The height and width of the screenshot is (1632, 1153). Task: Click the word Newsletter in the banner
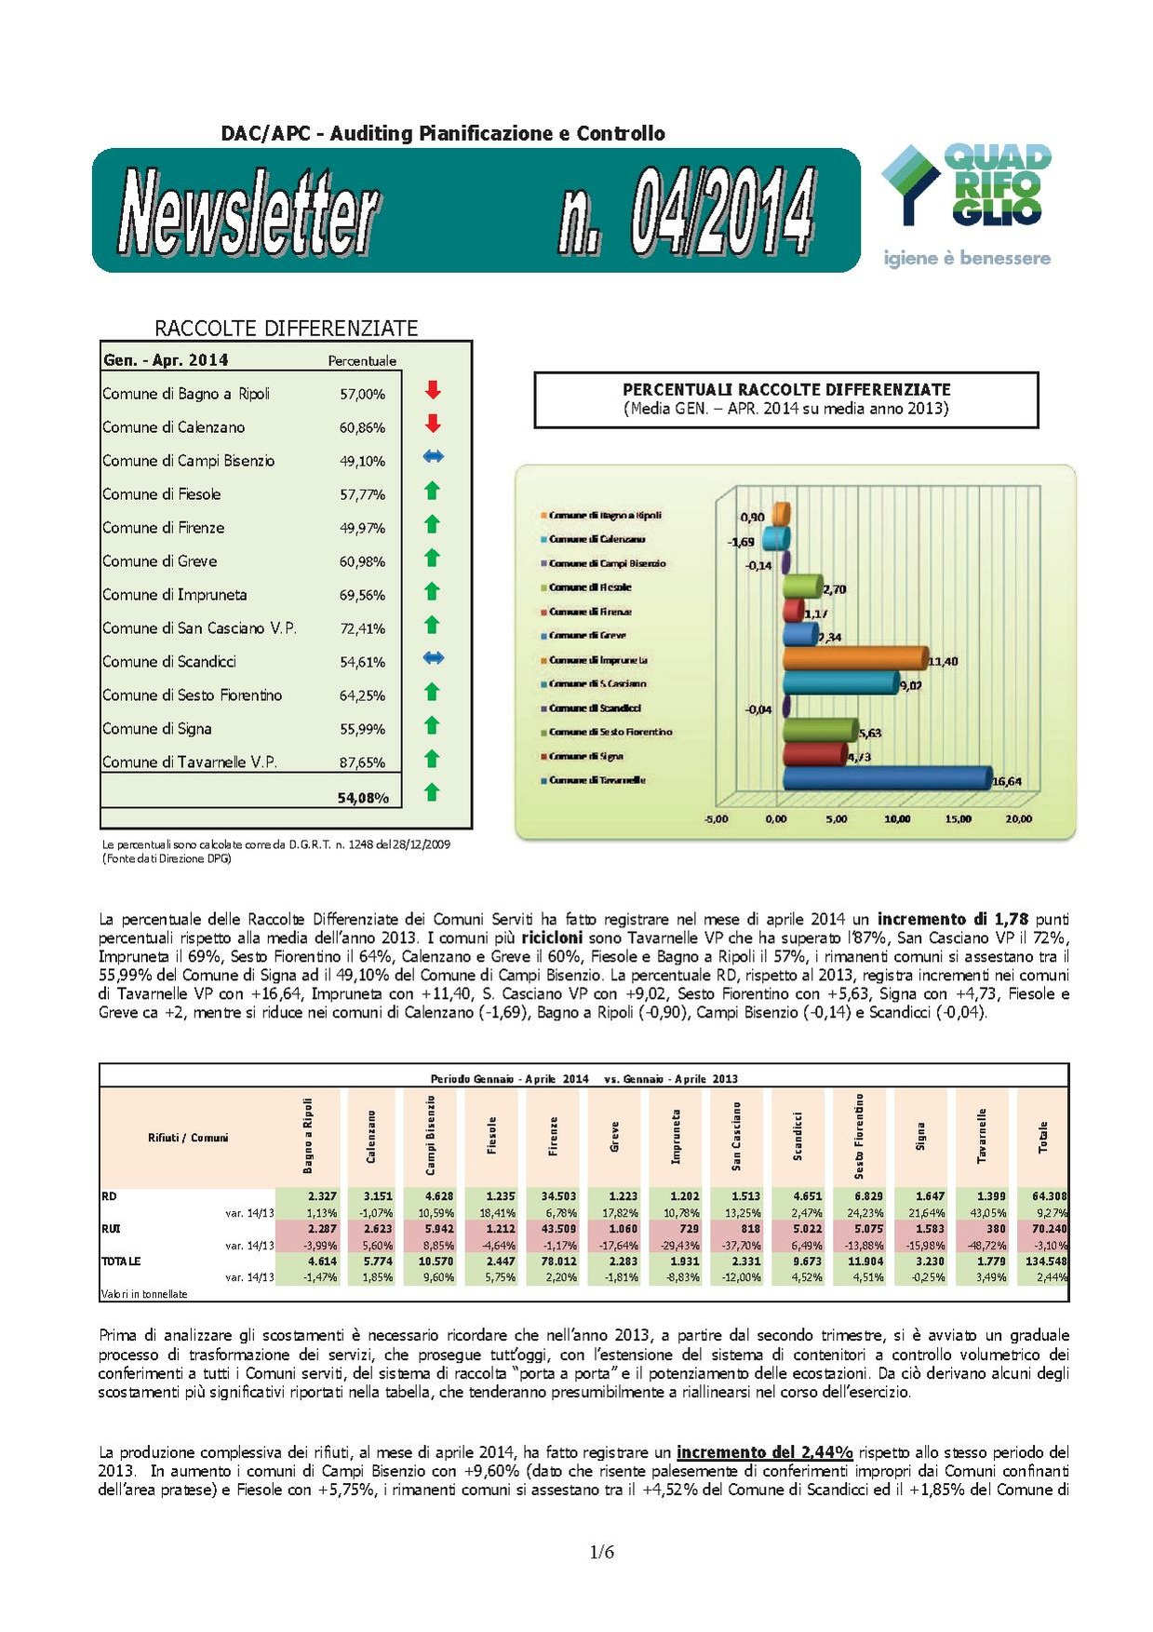(x=248, y=210)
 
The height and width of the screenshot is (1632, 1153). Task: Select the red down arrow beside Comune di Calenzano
(x=432, y=425)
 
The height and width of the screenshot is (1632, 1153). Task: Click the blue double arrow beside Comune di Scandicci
(x=433, y=658)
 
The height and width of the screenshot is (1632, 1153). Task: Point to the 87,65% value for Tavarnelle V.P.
(x=362, y=762)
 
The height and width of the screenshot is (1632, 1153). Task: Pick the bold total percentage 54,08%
(x=363, y=798)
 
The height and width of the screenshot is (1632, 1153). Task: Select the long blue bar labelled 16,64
(x=886, y=778)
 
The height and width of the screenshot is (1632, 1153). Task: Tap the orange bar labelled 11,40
(x=854, y=658)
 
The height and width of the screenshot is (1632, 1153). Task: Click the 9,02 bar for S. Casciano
(x=839, y=682)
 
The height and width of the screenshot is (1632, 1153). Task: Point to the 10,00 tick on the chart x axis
(x=897, y=819)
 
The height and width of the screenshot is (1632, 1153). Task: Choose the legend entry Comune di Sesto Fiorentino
(x=610, y=732)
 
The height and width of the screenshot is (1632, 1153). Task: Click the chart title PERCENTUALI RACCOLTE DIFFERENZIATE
(x=785, y=390)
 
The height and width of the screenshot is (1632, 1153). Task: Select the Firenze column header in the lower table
(x=554, y=1137)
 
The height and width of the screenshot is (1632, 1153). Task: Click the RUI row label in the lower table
(x=111, y=1229)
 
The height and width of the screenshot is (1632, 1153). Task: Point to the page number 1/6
(x=601, y=1552)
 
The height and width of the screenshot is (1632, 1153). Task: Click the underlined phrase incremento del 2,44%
(x=764, y=1452)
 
